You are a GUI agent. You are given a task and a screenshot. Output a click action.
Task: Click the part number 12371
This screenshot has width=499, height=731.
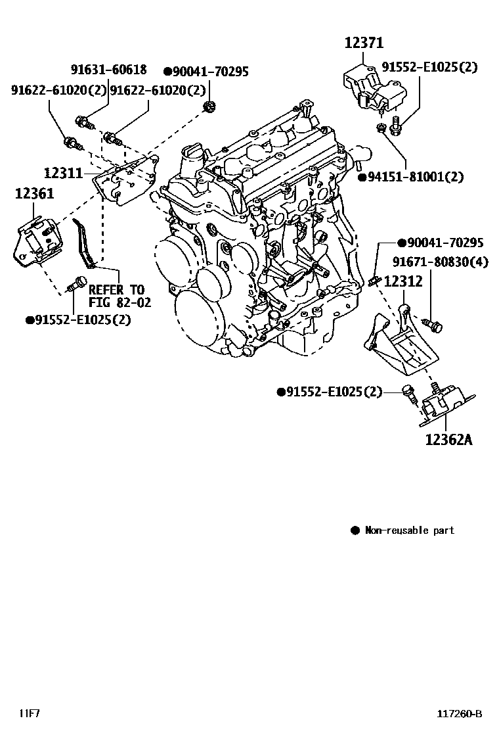click(364, 43)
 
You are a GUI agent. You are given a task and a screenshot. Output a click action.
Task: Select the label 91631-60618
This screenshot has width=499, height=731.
click(109, 70)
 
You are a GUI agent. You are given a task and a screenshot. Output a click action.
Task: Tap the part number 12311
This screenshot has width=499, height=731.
click(63, 174)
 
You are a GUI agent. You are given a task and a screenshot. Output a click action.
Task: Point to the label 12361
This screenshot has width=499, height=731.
click(35, 193)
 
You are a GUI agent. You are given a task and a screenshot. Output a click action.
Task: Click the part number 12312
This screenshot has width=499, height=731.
click(403, 281)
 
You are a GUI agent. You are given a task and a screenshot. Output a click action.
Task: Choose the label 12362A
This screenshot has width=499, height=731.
click(448, 438)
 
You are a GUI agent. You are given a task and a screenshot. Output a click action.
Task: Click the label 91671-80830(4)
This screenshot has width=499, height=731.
click(441, 262)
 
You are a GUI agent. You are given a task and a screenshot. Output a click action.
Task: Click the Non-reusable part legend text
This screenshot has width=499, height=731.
click(409, 530)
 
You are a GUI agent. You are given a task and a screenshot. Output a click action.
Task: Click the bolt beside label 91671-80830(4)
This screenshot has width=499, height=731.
click(433, 324)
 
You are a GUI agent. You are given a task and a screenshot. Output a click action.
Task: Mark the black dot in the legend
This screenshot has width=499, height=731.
click(355, 530)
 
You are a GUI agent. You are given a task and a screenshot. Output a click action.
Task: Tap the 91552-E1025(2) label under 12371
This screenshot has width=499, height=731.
click(430, 67)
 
